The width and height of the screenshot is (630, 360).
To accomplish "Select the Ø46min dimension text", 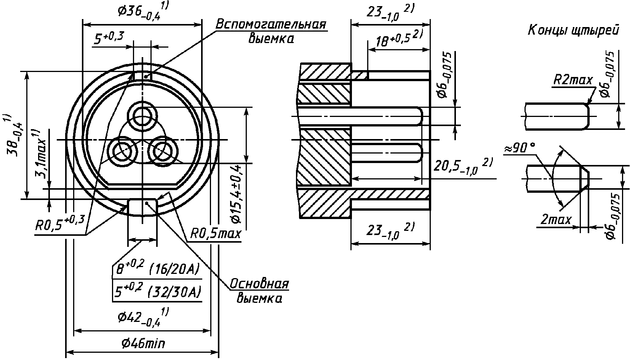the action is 143,343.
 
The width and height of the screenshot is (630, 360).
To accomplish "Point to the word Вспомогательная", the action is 271,25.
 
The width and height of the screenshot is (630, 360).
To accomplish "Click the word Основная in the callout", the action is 259,284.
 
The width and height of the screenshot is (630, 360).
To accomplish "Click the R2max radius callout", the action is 573,80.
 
